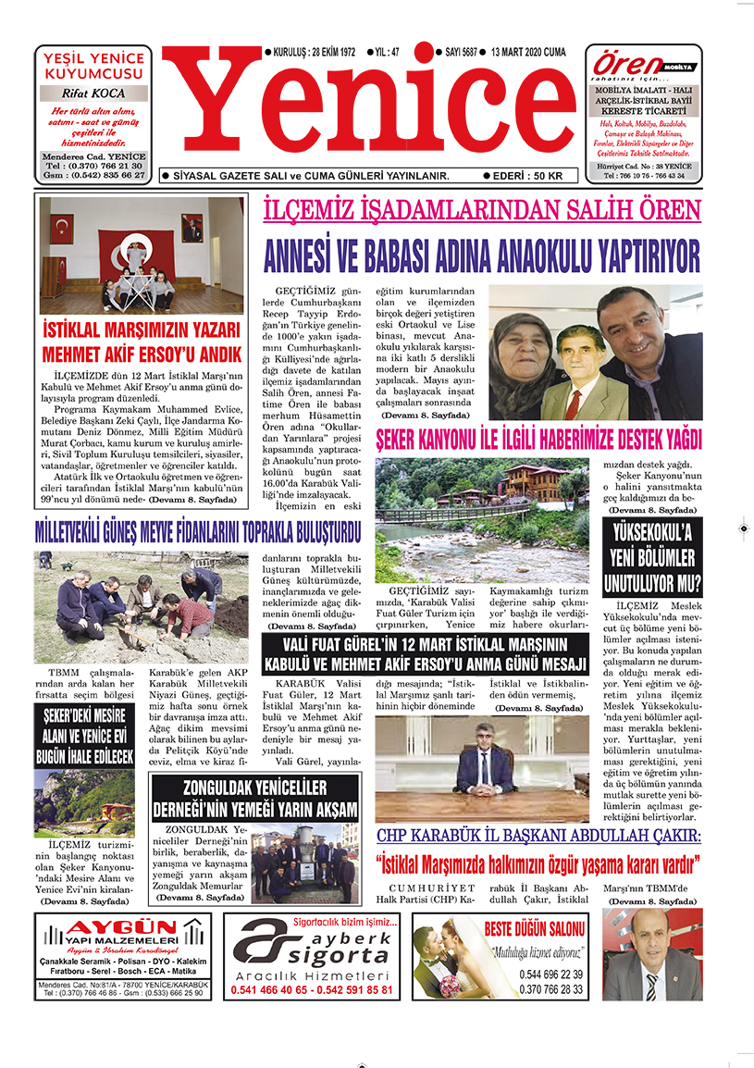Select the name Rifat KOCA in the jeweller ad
coord(93,93)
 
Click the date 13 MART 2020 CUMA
coord(528,52)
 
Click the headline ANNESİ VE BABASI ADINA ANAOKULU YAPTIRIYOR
coord(481,254)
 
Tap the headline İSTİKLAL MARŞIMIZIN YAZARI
coord(142,329)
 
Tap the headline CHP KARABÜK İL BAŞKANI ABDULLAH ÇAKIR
coord(538,836)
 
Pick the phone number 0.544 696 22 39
coord(551,975)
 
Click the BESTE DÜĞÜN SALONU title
coord(536,928)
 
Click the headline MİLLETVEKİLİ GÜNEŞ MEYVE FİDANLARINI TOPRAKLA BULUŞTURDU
coord(196,534)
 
